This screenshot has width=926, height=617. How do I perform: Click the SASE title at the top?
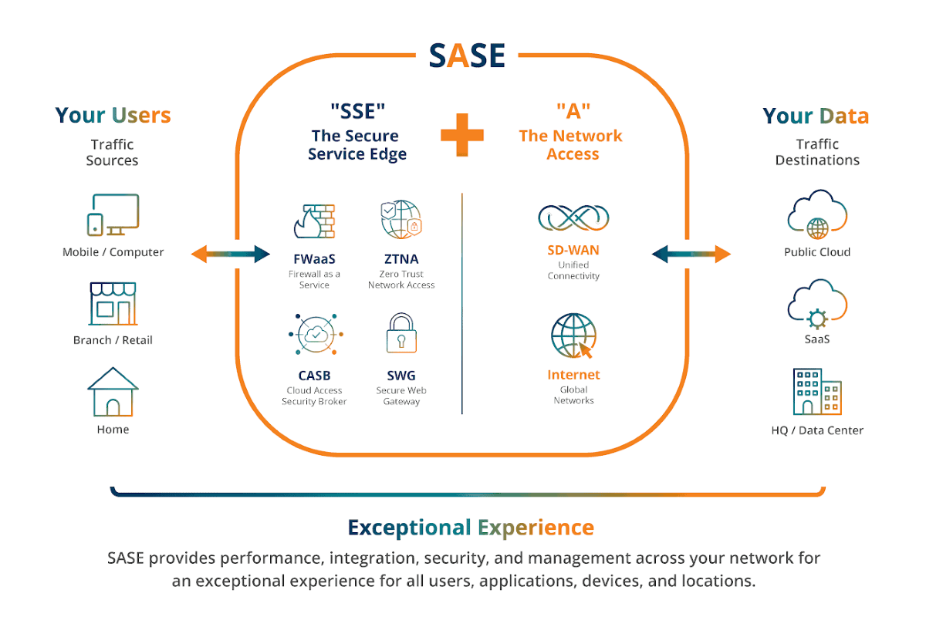(x=467, y=56)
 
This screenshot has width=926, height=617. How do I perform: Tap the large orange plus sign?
(x=462, y=135)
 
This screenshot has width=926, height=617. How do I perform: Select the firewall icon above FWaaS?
(x=314, y=221)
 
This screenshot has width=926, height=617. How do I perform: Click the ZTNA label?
(x=401, y=259)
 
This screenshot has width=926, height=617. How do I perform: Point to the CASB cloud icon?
(x=316, y=334)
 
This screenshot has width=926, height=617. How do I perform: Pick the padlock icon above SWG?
(x=401, y=333)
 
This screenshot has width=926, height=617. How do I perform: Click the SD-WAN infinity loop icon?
(x=573, y=217)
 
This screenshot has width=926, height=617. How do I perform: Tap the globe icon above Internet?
(x=573, y=335)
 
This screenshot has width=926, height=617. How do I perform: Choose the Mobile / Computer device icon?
(x=113, y=215)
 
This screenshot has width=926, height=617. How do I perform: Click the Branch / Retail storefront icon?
(x=113, y=304)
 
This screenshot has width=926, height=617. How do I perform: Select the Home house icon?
(x=113, y=392)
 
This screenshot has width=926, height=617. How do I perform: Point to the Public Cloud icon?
(x=817, y=214)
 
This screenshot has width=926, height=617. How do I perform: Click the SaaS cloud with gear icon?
(x=817, y=304)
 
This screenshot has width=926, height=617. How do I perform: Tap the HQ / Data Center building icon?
(x=817, y=392)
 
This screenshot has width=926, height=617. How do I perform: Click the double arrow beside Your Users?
(x=231, y=255)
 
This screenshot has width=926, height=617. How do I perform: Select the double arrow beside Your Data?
(x=691, y=255)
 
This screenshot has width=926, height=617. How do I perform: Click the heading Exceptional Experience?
(x=471, y=528)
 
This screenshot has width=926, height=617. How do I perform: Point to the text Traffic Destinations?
(x=817, y=152)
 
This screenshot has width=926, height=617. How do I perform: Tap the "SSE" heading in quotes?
(x=358, y=112)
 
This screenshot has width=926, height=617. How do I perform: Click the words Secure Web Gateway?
(x=401, y=396)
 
